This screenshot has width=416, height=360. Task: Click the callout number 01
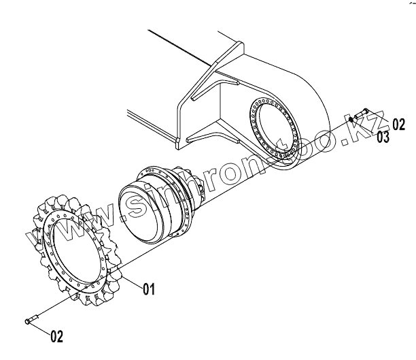click(x=150, y=290)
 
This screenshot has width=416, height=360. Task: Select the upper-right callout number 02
click(x=398, y=124)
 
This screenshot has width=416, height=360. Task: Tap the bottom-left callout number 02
click(x=57, y=336)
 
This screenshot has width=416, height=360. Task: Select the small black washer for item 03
click(x=351, y=119)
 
